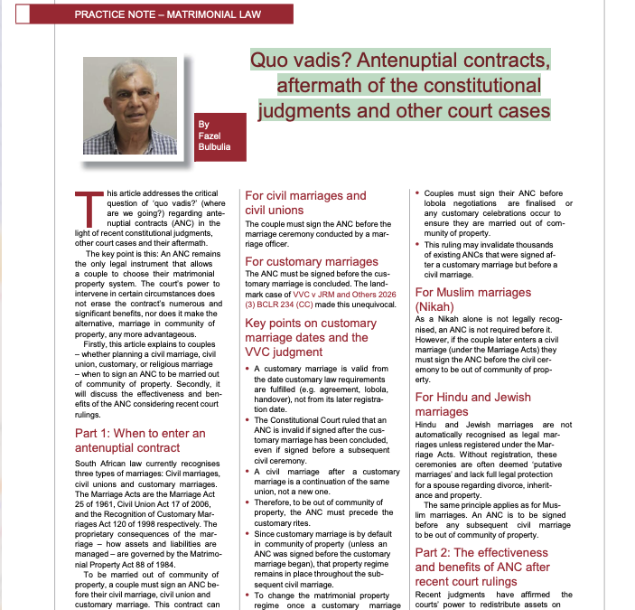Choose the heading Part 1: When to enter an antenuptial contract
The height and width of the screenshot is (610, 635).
140,440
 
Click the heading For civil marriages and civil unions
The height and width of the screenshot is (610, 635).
305,202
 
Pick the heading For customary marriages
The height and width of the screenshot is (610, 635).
311,262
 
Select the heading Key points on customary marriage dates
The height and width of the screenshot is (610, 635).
311,337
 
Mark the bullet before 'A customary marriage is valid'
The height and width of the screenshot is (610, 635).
248,370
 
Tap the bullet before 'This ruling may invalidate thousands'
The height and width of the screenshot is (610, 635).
418,244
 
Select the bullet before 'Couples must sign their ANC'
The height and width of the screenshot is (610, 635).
418,193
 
